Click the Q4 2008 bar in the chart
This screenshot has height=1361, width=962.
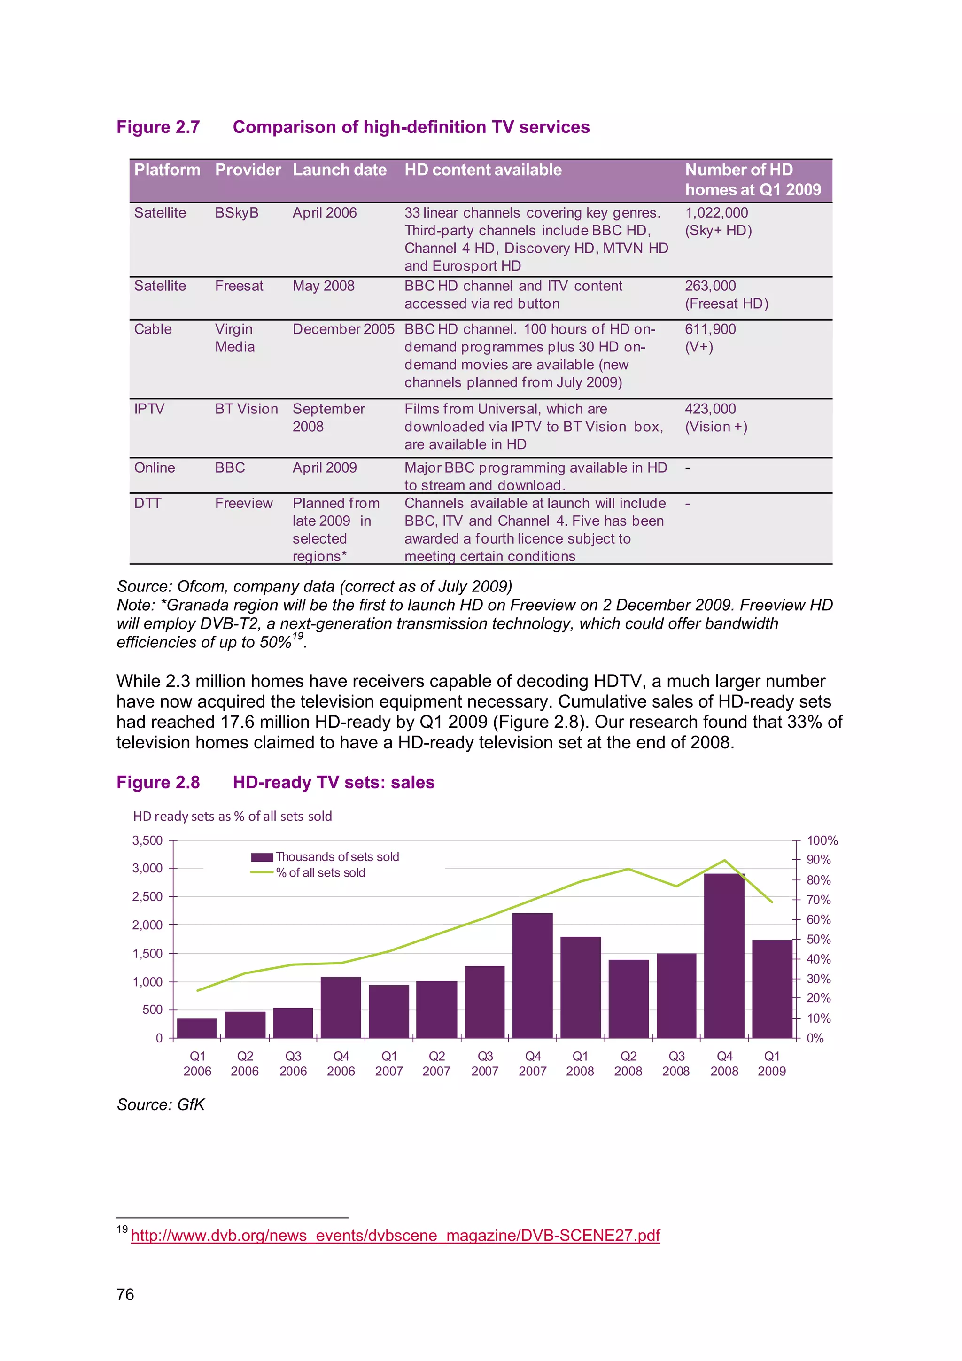(724, 956)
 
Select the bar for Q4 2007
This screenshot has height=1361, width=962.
(532, 975)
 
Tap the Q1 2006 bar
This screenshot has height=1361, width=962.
(197, 1027)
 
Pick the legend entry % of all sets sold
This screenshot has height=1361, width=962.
(320, 872)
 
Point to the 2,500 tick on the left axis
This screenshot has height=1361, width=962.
(147, 896)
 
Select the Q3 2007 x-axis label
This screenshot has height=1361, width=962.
(484, 1064)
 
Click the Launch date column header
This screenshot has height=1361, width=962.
(339, 170)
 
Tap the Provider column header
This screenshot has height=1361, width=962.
(247, 170)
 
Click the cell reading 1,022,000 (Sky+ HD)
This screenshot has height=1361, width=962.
(718, 221)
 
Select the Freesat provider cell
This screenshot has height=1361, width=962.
(239, 286)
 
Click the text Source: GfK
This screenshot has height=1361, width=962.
(161, 1104)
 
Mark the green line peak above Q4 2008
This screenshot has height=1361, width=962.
(724, 860)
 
